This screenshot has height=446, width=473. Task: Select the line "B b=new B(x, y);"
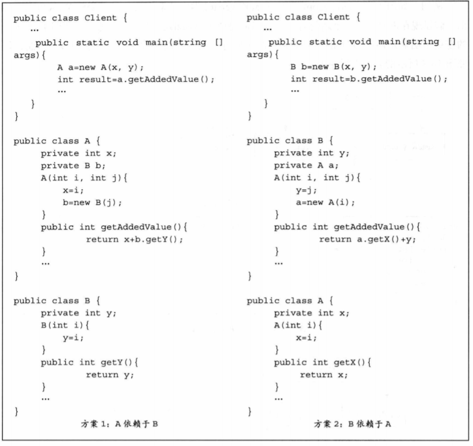click(x=333, y=66)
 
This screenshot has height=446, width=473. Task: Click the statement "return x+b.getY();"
click(x=134, y=239)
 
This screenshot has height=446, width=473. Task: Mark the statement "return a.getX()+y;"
click(x=368, y=239)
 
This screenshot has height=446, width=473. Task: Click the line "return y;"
click(x=110, y=374)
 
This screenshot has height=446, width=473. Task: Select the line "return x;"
click(x=324, y=374)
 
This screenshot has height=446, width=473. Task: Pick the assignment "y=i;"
click(x=73, y=338)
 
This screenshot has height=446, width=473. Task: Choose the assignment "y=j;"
click(x=307, y=190)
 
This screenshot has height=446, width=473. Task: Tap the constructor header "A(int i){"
click(x=298, y=325)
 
